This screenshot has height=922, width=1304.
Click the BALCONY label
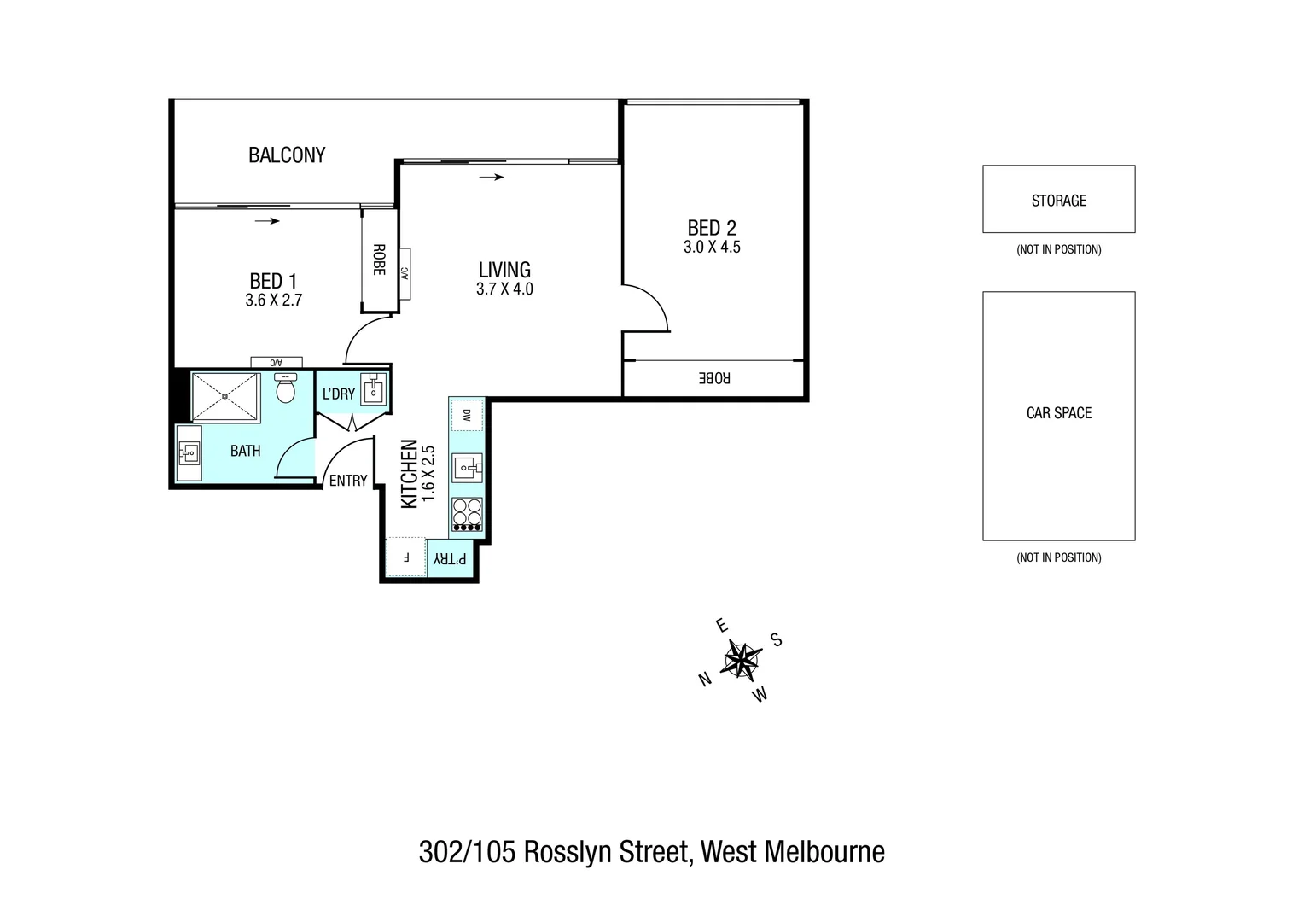tap(287, 155)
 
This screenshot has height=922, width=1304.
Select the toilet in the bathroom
tap(286, 389)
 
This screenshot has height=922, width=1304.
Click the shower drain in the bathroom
tap(224, 396)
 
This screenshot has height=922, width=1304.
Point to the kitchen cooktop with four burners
tap(467, 515)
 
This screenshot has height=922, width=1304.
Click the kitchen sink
tap(467, 467)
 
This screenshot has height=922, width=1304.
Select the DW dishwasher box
tap(467, 416)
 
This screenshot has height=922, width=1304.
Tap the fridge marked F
tap(406, 557)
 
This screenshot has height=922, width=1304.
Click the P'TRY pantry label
tap(450, 558)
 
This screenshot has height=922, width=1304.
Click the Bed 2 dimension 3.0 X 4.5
tap(712, 248)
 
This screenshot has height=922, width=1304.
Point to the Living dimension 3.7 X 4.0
tap(504, 289)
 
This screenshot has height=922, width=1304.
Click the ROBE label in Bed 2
tap(714, 377)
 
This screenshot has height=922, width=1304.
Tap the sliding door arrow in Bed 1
tap(267, 221)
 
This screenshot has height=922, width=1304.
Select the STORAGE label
tap(1058, 201)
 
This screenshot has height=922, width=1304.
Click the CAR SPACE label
tap(1058, 413)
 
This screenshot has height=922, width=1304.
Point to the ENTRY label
tap(348, 481)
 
